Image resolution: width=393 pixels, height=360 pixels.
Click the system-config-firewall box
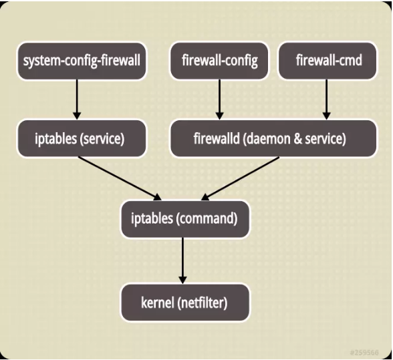click(x=82, y=61)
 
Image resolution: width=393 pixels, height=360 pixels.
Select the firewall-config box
click(x=219, y=61)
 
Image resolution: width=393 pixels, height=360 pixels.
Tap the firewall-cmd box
click(x=328, y=61)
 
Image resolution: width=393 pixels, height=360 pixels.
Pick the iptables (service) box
click(x=80, y=139)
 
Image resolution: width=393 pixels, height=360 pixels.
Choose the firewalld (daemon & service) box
click(x=269, y=139)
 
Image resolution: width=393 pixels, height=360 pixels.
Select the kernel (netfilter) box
click(x=184, y=303)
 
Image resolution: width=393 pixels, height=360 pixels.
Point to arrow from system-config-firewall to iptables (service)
click(x=77, y=100)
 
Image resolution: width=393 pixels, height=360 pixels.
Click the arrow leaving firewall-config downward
click(x=219, y=100)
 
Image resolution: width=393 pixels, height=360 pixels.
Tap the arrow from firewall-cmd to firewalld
click(x=327, y=100)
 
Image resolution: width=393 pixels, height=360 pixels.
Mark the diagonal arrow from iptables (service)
click(x=120, y=178)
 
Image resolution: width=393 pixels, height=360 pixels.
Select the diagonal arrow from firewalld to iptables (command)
click(x=241, y=178)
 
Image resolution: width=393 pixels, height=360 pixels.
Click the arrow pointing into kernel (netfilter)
click(x=182, y=260)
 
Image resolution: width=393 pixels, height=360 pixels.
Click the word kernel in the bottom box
click(x=157, y=303)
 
